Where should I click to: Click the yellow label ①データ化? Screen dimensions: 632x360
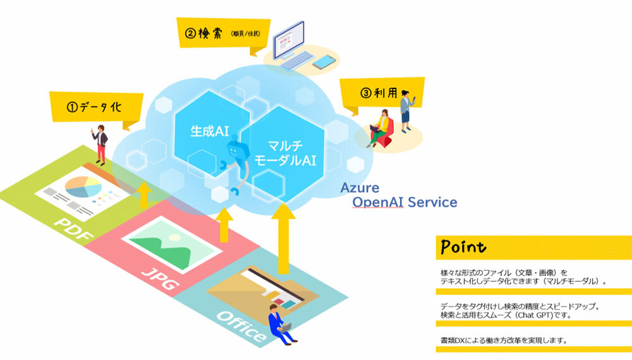click(96, 107)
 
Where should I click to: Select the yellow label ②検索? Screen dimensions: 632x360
click(223, 34)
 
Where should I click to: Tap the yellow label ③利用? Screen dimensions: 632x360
click(381, 93)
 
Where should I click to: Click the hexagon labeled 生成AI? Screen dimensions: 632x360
click(210, 132)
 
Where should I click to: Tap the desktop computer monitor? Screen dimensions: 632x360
click(289, 40)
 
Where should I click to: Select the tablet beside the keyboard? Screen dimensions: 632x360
click(324, 62)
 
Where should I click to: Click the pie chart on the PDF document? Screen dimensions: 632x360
click(83, 186)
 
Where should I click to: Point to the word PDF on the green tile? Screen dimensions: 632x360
click(74, 229)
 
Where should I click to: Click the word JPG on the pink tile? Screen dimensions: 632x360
click(161, 279)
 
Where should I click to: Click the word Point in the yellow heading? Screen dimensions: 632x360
click(463, 246)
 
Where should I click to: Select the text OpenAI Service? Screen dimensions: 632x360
click(404, 202)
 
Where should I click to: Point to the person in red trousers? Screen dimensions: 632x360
click(100, 145)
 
